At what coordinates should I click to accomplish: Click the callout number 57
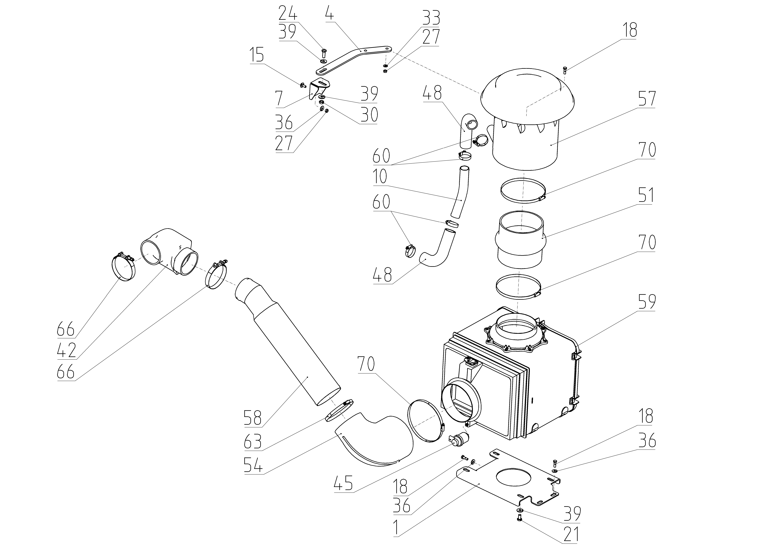647,99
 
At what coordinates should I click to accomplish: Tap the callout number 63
253,442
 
